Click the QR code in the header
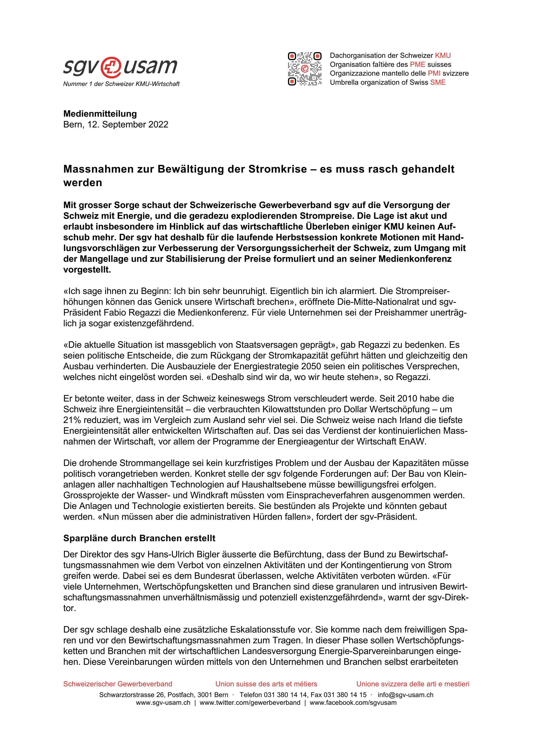304,69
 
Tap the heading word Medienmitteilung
100,114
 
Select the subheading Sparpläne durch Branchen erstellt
139,538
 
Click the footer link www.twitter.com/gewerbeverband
250,703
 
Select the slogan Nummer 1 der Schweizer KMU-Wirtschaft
121,84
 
